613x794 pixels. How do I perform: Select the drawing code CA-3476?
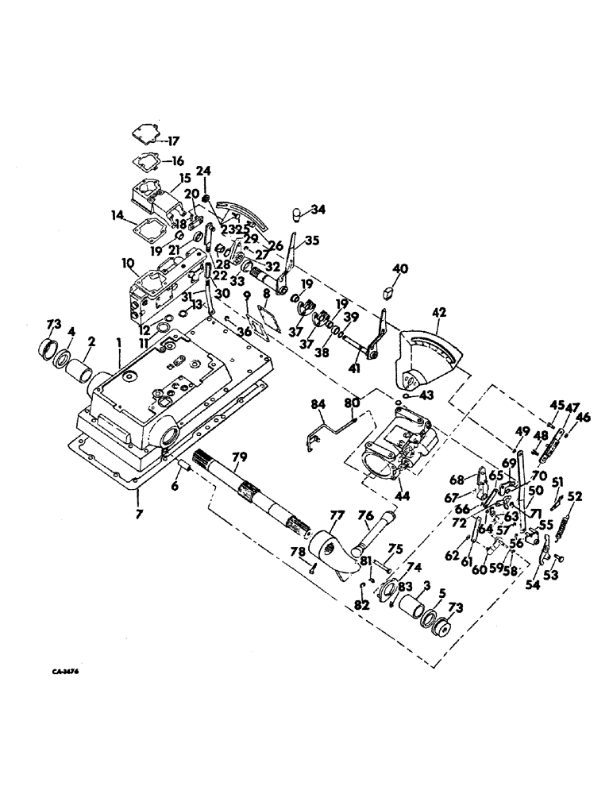point(65,671)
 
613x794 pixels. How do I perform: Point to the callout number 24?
point(203,170)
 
